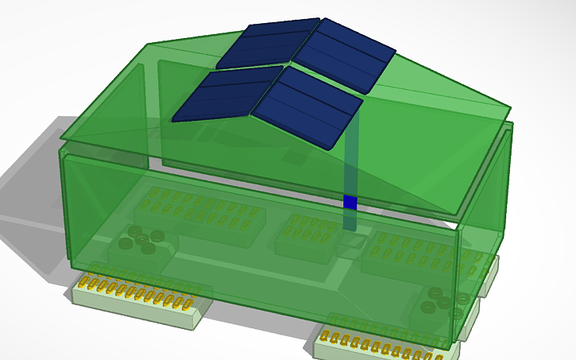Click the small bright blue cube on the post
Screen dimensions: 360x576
click(x=350, y=202)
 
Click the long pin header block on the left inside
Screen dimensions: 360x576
click(x=195, y=211)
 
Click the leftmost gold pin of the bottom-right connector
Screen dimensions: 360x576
click(x=324, y=337)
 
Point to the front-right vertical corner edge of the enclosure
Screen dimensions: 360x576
click(x=458, y=286)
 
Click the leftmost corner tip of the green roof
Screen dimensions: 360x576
click(x=60, y=141)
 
